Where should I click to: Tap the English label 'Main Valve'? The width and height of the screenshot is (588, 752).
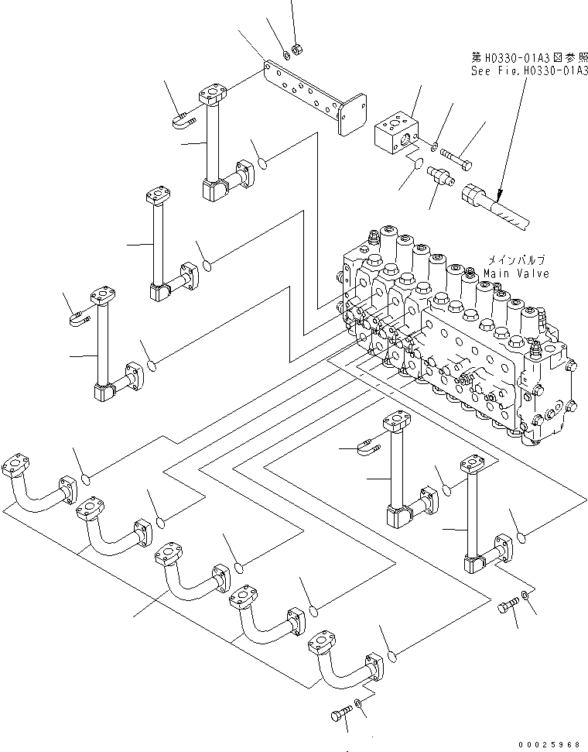point(516,273)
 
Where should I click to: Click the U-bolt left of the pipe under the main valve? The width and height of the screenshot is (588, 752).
point(368,446)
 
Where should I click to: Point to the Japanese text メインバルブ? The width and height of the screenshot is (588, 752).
point(514,261)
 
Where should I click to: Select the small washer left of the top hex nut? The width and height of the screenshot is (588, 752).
point(285,54)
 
